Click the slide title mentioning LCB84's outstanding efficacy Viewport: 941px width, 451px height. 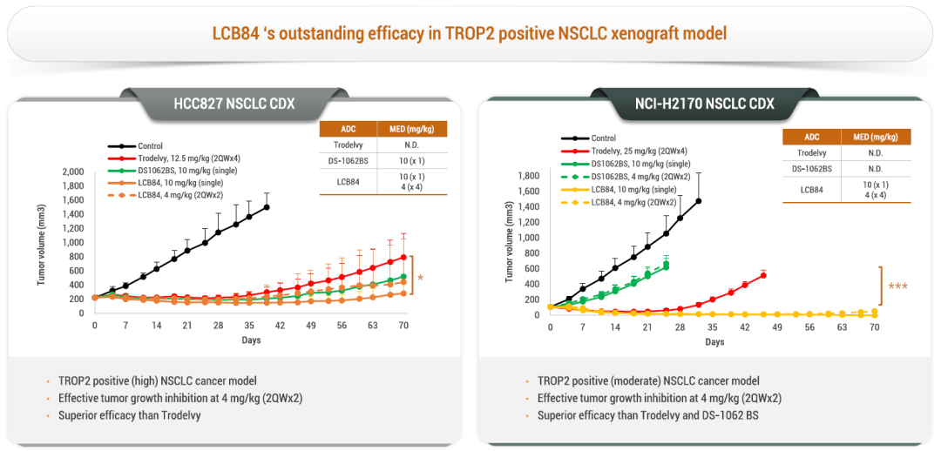[x=470, y=34]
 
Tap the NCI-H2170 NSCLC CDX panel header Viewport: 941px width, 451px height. [x=705, y=104]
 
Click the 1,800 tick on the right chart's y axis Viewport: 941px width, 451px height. [x=527, y=176]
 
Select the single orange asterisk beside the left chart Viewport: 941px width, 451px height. [x=421, y=279]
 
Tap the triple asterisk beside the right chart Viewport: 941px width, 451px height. [x=897, y=286]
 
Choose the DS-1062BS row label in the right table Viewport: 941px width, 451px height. [x=811, y=169]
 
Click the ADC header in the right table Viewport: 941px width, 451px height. [x=811, y=137]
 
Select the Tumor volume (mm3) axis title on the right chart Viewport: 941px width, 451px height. [x=510, y=243]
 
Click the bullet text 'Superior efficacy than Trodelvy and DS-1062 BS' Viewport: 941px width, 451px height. [x=648, y=415]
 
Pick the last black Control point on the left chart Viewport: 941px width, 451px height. [x=266, y=207]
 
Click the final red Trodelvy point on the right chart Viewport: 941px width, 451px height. [x=763, y=275]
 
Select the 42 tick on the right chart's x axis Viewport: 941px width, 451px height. [x=745, y=327]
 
